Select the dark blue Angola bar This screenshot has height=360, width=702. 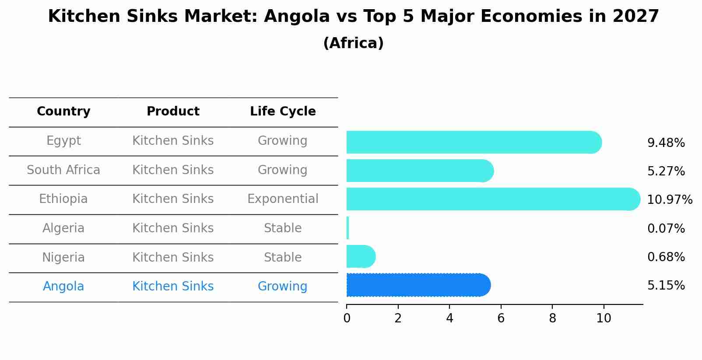418,285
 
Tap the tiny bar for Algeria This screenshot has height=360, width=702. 347,228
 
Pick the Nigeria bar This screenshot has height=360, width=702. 360,256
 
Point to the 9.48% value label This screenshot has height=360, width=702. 666,143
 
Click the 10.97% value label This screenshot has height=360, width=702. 669,200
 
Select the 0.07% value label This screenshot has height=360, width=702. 666,228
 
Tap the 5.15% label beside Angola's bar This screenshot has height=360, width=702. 666,286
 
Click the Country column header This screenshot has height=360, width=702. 63,112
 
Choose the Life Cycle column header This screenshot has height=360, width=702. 283,112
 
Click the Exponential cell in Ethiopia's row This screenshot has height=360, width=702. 283,199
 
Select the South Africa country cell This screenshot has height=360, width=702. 63,170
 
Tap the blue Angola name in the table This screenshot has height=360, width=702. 63,287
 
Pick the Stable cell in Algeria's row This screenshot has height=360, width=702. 283,228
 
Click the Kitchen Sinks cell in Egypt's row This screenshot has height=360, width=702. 173,141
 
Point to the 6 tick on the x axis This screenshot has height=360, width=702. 501,318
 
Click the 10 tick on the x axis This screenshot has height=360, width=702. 604,318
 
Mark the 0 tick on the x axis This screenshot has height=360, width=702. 347,318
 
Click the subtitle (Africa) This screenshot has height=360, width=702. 353,43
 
